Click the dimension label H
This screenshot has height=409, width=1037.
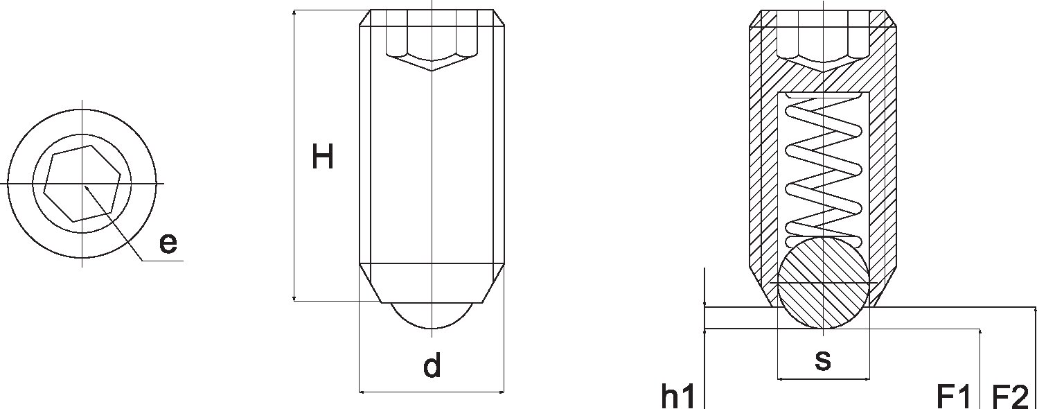point(323,157)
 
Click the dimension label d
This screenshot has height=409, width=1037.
point(432,365)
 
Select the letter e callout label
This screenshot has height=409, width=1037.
point(168,243)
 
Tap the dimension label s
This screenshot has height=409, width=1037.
point(823,360)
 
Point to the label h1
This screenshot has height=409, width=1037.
point(678,396)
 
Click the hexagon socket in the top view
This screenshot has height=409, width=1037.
point(82,184)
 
